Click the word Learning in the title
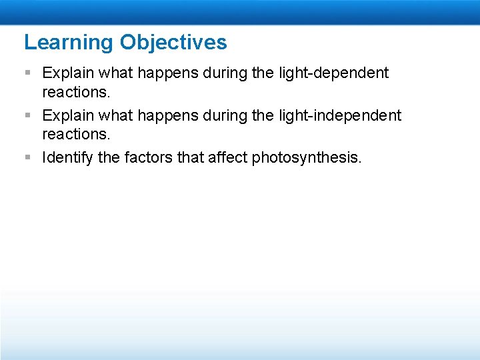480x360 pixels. (69, 43)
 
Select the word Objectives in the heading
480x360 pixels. (173, 43)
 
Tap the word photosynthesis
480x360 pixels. (307, 159)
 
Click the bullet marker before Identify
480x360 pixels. (27, 158)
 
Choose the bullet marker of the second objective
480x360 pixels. (27, 115)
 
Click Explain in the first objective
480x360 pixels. (69, 73)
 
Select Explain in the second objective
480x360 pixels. (69, 115)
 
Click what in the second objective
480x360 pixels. (117, 115)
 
